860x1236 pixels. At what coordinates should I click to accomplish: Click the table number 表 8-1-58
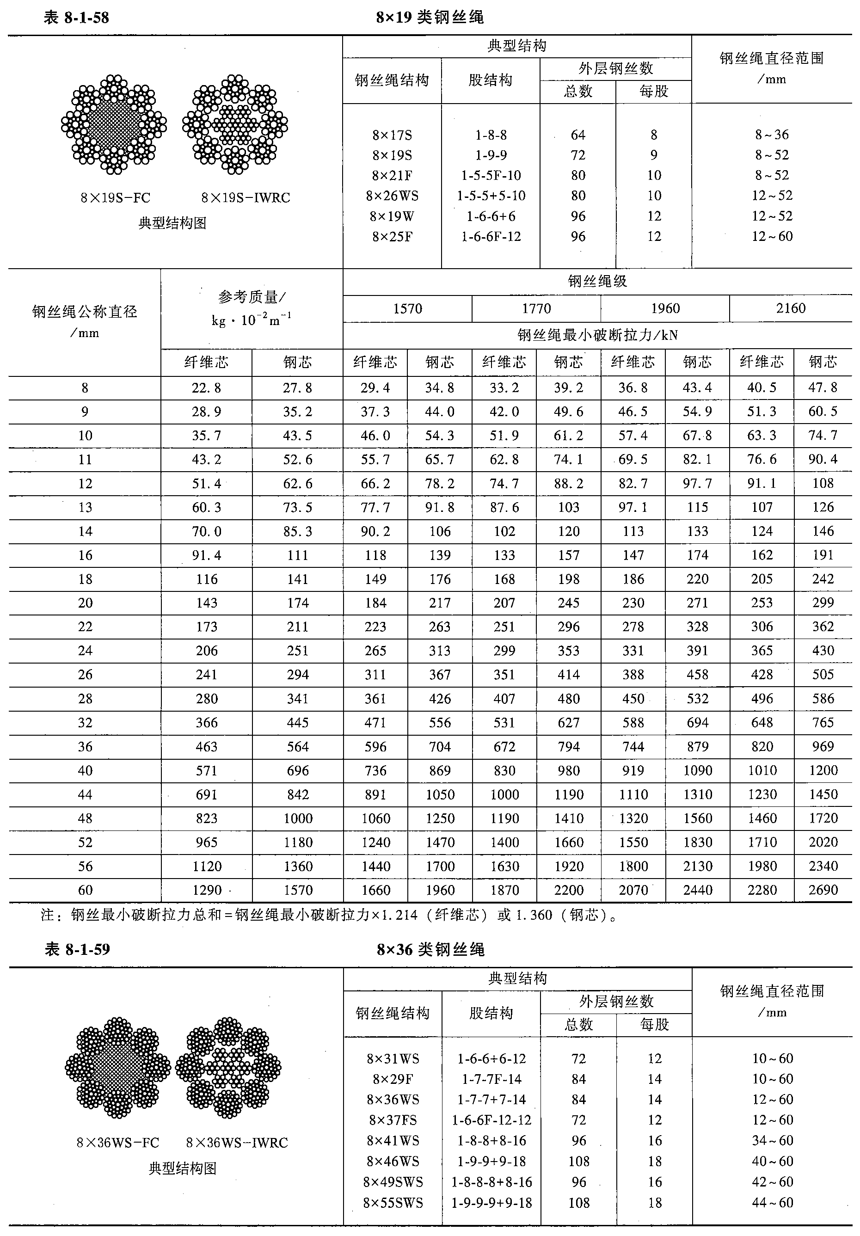(76, 18)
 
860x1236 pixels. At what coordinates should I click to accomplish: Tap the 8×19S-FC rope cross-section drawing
(114, 125)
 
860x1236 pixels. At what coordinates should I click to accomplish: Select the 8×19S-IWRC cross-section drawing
(235, 125)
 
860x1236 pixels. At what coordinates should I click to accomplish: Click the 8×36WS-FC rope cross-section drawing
(118, 1067)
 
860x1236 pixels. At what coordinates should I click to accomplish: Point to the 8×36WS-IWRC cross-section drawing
(228, 1067)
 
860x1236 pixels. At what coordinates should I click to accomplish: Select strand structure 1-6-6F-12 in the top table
(491, 237)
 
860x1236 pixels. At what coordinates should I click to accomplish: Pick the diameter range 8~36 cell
(772, 135)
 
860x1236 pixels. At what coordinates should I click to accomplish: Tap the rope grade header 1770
(536, 308)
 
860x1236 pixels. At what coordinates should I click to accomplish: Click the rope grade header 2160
(791, 308)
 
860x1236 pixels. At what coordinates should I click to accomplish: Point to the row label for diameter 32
(85, 722)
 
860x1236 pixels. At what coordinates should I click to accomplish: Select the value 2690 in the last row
(823, 890)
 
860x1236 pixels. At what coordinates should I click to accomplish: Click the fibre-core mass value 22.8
(206, 388)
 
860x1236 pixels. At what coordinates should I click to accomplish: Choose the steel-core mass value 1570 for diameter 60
(298, 890)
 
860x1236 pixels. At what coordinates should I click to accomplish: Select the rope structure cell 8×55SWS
(393, 1203)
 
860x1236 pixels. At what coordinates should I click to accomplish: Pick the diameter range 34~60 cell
(772, 1140)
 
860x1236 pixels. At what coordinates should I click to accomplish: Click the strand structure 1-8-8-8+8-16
(491, 1182)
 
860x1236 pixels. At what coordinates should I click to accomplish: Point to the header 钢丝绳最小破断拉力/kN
(597, 336)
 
